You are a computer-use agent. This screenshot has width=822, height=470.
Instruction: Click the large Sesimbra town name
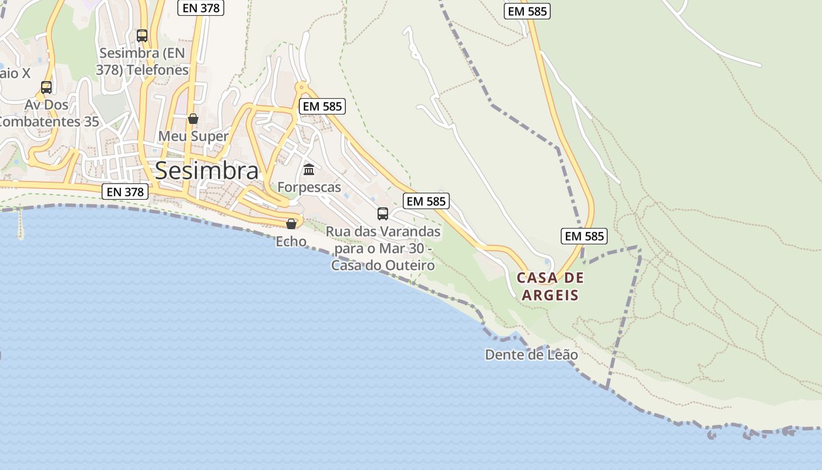206,170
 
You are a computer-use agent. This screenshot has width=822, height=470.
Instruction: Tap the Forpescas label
309,187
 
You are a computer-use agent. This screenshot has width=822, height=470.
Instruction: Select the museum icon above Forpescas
309,170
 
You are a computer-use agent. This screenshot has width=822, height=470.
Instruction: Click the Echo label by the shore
291,241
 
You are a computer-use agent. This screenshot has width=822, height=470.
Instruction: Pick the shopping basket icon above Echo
291,224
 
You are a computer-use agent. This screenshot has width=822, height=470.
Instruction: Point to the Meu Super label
193,136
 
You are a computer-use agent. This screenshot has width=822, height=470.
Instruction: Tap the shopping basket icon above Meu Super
193,119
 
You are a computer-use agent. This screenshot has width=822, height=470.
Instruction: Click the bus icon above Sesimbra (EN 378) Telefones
142,36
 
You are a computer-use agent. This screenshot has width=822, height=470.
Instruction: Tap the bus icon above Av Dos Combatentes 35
46,88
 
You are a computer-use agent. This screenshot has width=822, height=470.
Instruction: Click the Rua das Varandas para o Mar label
383,249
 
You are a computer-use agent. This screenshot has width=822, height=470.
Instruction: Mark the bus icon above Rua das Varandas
383,213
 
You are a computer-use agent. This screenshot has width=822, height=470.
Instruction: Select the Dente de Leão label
531,355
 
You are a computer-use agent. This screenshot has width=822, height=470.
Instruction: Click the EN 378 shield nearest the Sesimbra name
125,192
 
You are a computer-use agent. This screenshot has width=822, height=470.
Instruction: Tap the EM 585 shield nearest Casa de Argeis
584,236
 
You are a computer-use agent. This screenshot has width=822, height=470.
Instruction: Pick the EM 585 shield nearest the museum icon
322,106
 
